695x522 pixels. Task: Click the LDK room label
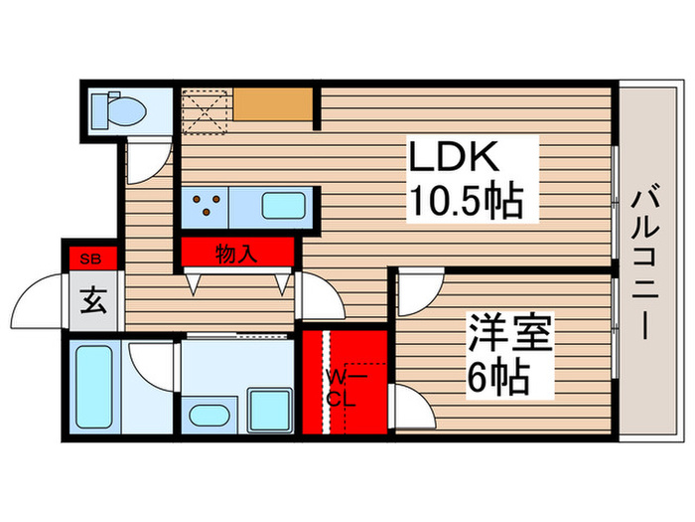pyautogui.click(x=472, y=160)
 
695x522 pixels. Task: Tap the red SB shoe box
pyautogui.click(x=91, y=260)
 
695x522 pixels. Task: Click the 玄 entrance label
pyautogui.click(x=91, y=300)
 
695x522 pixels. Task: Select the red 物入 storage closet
pyautogui.click(x=238, y=253)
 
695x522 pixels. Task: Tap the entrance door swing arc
pyautogui.click(x=46, y=298)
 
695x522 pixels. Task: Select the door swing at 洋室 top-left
pyautogui.click(x=418, y=292)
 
